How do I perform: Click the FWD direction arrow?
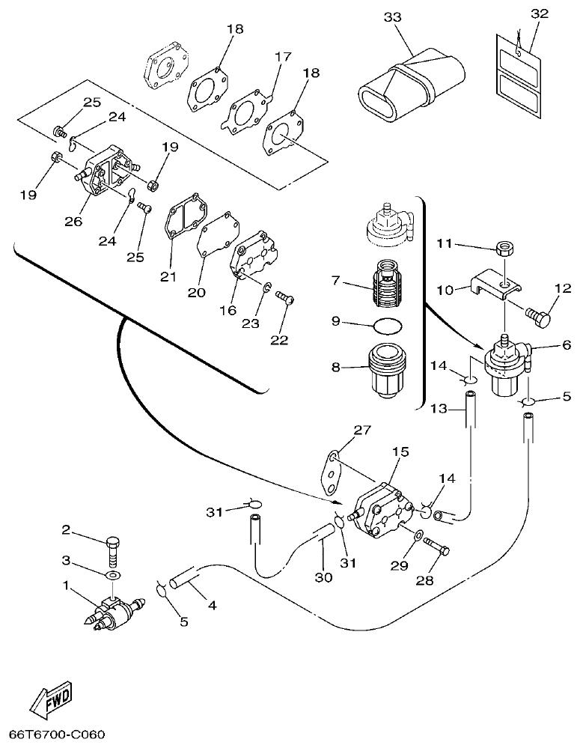(52, 702)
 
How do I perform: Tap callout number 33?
(392, 16)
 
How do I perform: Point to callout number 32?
(539, 14)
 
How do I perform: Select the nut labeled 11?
(504, 248)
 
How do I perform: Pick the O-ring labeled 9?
(387, 324)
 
